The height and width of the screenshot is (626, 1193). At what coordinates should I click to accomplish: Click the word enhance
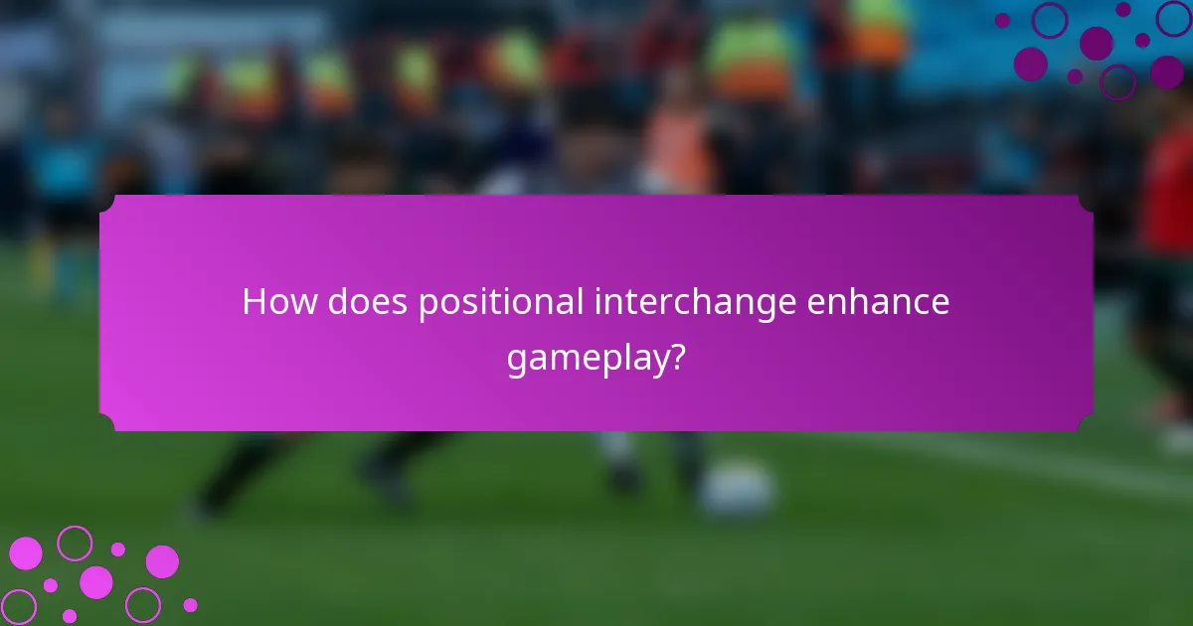coord(879,302)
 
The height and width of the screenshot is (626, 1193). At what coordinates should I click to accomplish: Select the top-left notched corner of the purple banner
coord(107,202)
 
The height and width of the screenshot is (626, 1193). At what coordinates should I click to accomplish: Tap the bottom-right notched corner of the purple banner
coord(1086,423)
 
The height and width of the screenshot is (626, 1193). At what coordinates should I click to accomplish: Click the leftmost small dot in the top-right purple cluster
coord(1002,20)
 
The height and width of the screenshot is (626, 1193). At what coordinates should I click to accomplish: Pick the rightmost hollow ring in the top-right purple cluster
coord(1173,19)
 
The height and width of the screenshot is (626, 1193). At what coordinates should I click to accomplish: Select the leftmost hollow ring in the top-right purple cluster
coord(1050,20)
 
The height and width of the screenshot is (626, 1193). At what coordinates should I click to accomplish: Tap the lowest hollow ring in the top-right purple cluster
coord(1117,81)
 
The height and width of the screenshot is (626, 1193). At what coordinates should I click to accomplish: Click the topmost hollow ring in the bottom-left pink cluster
coord(75,543)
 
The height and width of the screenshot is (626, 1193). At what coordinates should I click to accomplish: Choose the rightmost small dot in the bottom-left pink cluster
coord(190,604)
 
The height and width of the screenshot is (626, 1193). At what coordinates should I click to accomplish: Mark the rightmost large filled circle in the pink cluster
coord(162,561)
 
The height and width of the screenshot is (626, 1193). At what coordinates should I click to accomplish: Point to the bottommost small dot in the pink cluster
coord(70,616)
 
